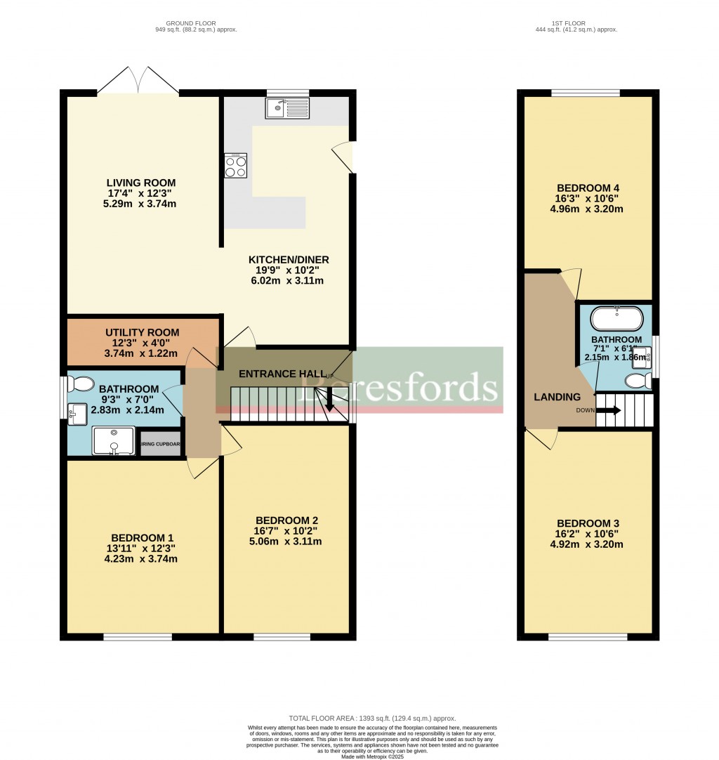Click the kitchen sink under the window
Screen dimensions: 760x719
point(287,108)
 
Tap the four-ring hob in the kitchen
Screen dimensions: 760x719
point(235,166)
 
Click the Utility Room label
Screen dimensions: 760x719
point(142,332)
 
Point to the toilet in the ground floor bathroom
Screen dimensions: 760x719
point(81,384)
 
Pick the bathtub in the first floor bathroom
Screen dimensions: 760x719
point(617,319)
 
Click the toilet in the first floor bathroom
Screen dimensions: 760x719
point(638,380)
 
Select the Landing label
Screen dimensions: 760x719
point(558,397)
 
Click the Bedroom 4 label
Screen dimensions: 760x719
point(588,188)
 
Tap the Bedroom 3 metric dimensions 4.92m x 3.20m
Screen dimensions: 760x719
point(588,544)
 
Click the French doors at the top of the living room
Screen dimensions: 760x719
point(138,81)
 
